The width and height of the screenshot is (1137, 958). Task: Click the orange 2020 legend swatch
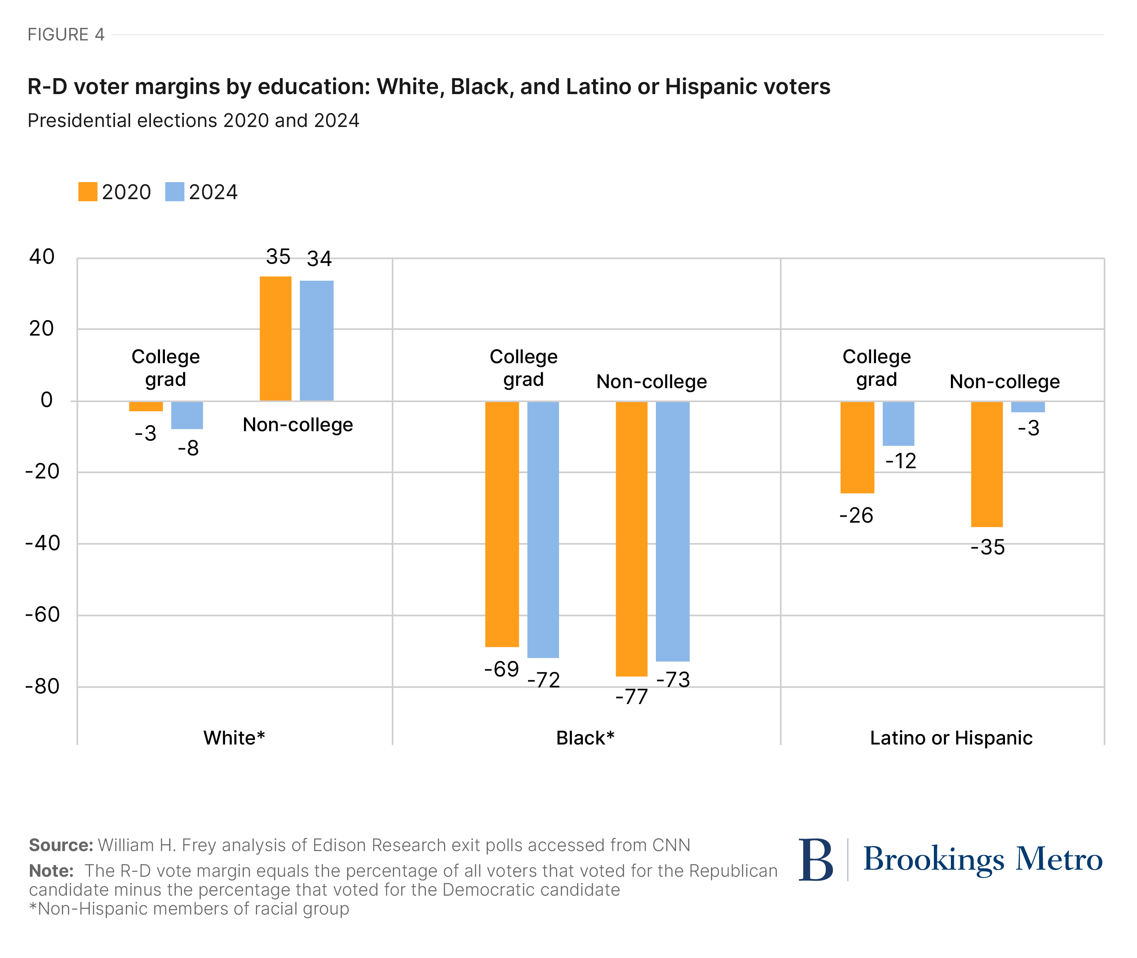(87, 192)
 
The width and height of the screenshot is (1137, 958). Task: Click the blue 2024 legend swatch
(174, 192)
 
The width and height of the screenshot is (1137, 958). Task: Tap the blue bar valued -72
(542, 529)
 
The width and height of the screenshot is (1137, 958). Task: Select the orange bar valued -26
(857, 447)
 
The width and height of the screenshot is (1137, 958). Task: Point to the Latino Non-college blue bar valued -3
(1027, 407)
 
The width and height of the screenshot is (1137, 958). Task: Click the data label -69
(501, 669)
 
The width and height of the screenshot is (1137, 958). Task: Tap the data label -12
(901, 461)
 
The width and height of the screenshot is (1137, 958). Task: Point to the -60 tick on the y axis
(42, 615)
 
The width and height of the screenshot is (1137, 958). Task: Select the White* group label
(234, 738)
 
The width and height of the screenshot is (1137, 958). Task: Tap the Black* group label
(585, 738)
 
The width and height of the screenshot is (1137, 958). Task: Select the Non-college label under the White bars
(297, 425)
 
